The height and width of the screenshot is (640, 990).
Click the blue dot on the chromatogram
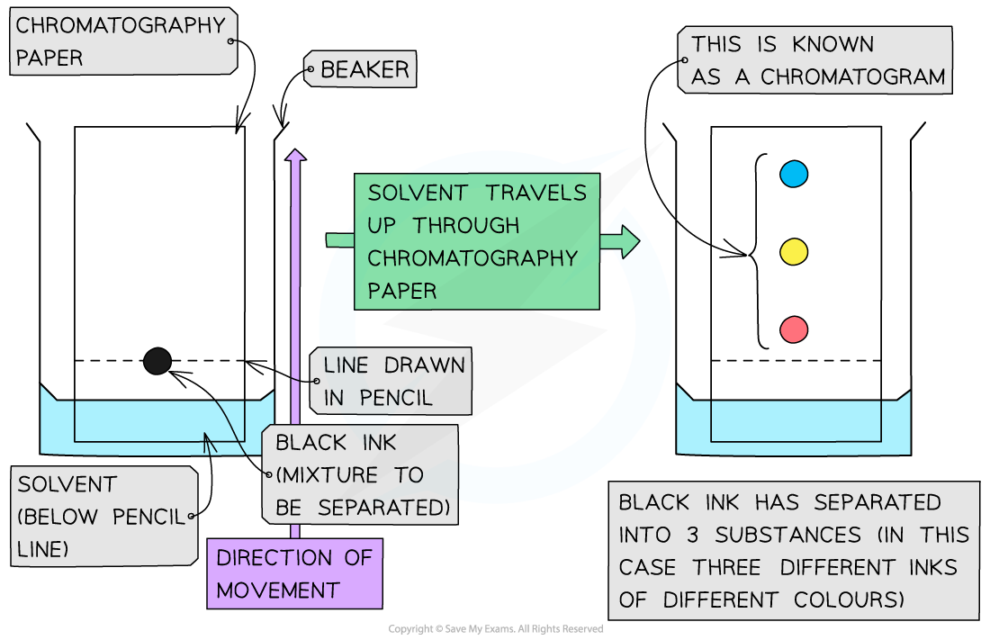(x=793, y=174)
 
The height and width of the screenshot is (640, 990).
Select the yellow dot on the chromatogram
(x=793, y=252)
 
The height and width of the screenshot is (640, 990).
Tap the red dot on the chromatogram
(x=793, y=329)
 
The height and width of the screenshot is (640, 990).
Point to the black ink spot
(x=157, y=361)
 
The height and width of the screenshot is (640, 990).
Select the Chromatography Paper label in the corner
(x=123, y=41)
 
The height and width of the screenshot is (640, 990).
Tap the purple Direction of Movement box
(x=293, y=573)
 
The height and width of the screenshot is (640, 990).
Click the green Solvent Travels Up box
(x=476, y=241)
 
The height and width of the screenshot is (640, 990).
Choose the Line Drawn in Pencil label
(x=390, y=382)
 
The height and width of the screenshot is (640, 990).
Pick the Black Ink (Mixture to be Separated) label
(x=361, y=474)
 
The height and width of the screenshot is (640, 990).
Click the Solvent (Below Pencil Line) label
(x=104, y=517)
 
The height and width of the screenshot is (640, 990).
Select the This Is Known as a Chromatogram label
(x=815, y=60)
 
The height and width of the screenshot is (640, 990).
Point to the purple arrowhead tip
(x=295, y=154)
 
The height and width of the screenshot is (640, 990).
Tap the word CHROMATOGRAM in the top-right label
(x=852, y=77)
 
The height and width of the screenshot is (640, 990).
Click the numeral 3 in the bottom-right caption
(x=690, y=536)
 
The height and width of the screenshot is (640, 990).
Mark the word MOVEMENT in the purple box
(x=277, y=591)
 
